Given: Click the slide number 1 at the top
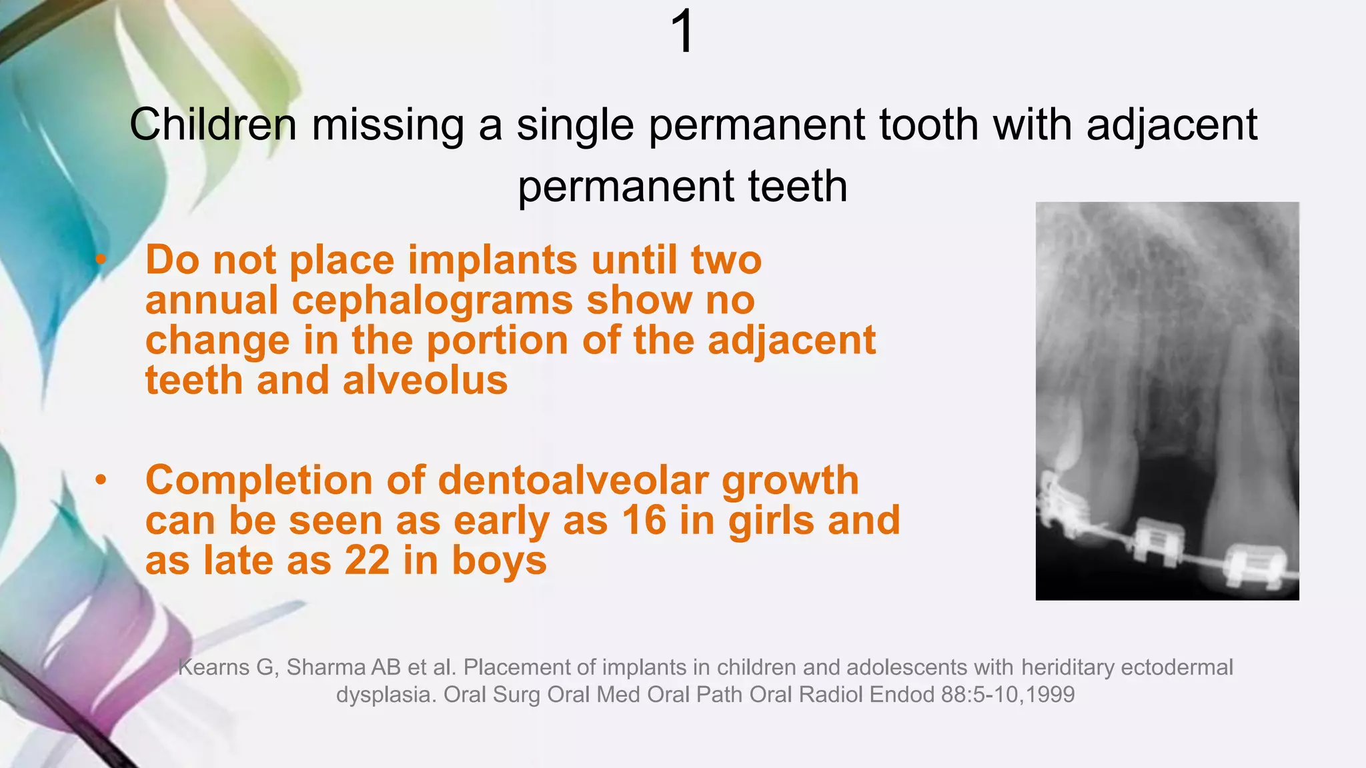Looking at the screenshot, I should click(683, 32).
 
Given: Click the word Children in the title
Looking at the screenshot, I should click(213, 125).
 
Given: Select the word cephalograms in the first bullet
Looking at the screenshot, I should click(432, 300).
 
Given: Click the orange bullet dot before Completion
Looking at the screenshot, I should click(101, 479).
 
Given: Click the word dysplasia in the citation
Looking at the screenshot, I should click(386, 695).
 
